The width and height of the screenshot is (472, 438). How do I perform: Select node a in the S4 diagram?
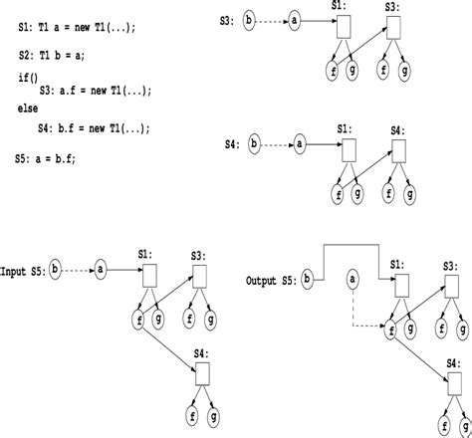pyautogui.click(x=300, y=146)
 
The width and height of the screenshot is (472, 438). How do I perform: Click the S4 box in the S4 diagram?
pyautogui.click(x=398, y=153)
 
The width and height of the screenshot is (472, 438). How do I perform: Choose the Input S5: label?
pyautogui.click(x=25, y=271)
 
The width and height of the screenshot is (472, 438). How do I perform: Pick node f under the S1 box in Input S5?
pyautogui.click(x=138, y=321)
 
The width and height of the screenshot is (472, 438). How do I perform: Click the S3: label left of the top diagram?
pyautogui.click(x=227, y=19)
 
